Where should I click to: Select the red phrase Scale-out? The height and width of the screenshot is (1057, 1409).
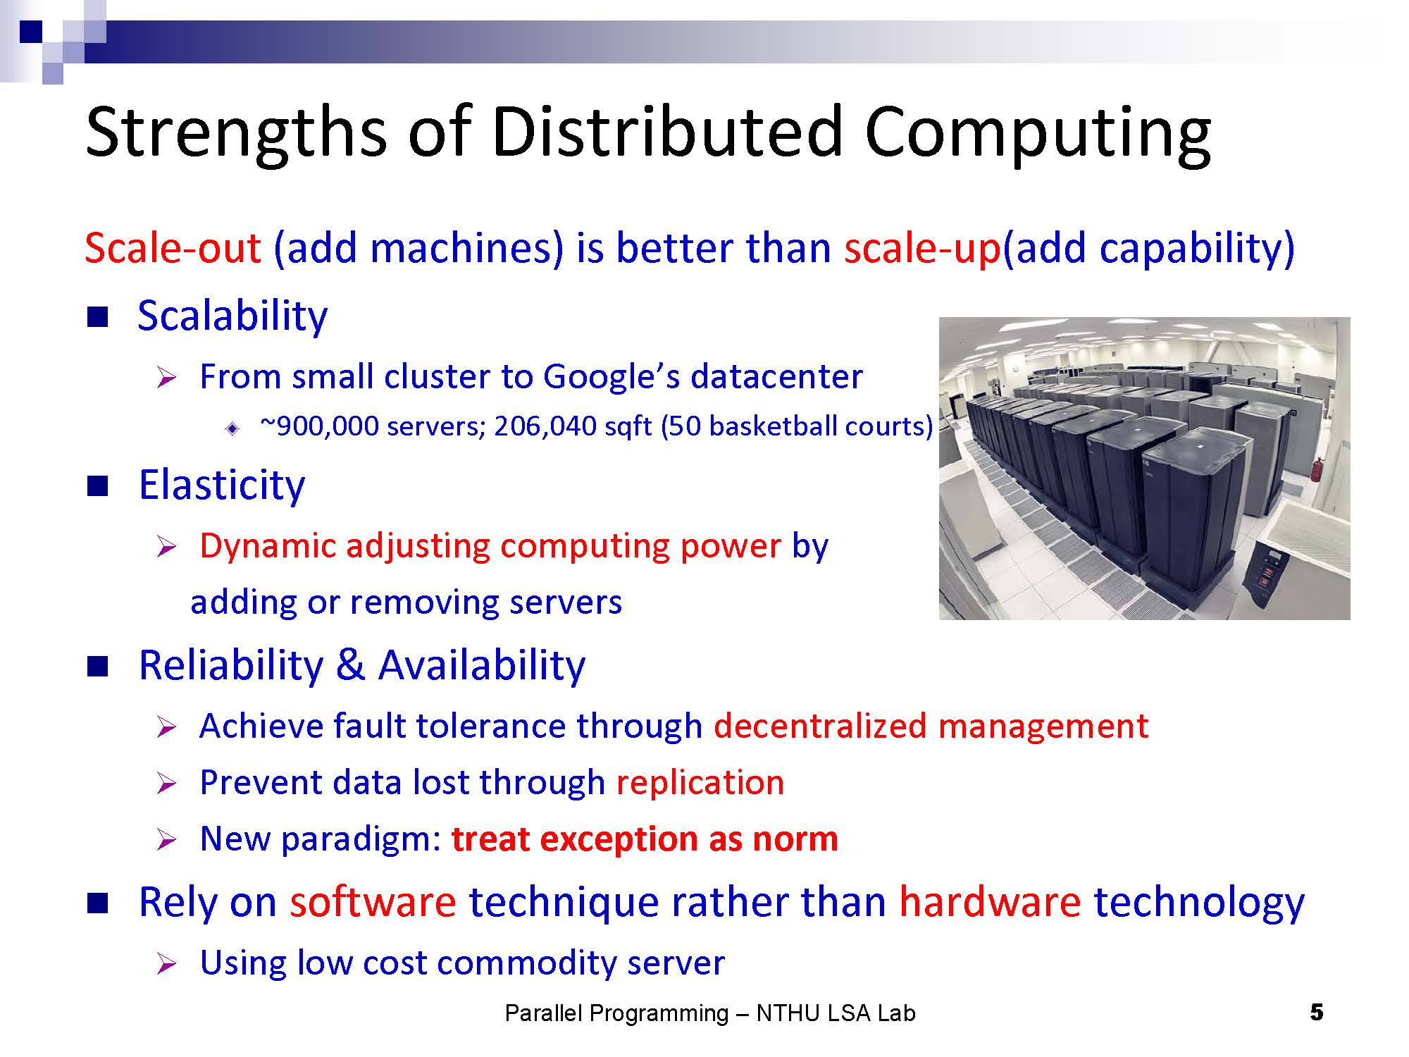(x=173, y=248)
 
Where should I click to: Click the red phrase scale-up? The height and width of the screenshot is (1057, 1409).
(x=922, y=248)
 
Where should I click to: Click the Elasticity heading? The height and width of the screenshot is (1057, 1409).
(x=222, y=486)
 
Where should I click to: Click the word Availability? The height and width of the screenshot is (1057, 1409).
(x=482, y=665)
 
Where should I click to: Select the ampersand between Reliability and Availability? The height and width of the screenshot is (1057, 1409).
(x=350, y=665)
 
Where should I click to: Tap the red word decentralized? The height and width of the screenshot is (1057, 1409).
(x=820, y=726)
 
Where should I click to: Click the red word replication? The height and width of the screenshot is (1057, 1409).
(x=700, y=782)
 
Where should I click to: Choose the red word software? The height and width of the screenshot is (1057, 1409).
(x=373, y=901)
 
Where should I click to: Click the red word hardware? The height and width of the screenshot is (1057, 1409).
(x=990, y=901)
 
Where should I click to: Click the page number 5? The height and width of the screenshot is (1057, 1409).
(x=1317, y=1013)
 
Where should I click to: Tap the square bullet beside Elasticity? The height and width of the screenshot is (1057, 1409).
(x=98, y=486)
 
